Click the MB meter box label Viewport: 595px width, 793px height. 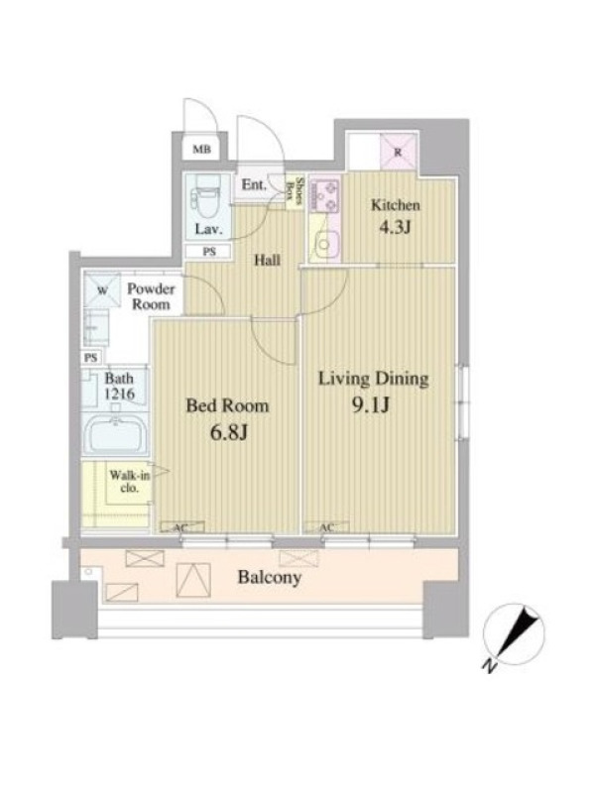click(202, 150)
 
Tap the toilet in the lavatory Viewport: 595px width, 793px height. click(206, 195)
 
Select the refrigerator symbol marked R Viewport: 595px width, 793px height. click(399, 152)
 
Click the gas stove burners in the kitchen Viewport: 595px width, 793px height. click(324, 195)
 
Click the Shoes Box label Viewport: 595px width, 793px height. click(296, 191)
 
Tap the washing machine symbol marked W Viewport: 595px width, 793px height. click(103, 290)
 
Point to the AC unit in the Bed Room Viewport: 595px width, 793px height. click(182, 527)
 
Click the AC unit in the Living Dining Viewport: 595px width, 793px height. click(327, 527)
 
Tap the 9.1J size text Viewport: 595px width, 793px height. click(370, 405)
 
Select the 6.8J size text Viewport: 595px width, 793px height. click(228, 432)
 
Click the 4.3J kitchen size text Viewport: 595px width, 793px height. click(395, 227)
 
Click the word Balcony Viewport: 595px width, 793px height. click(270, 577)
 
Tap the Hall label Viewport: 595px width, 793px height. click(267, 261)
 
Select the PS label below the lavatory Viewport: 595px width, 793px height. click(209, 251)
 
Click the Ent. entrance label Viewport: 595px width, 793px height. click(254, 184)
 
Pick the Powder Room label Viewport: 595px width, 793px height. click(151, 296)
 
